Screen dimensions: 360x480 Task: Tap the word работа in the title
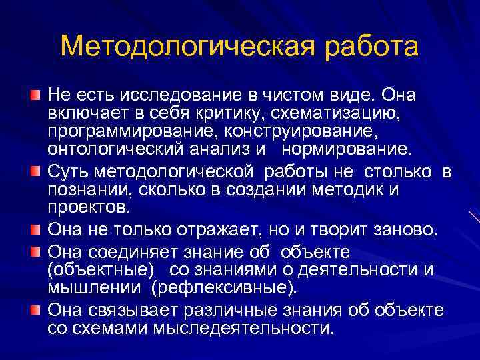(x=354, y=47)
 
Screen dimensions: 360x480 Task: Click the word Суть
(x=65, y=172)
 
